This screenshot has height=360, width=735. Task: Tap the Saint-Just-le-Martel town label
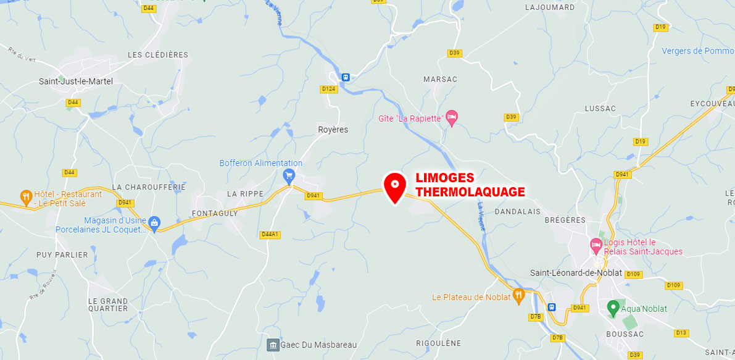(76, 81)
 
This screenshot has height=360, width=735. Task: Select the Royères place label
(333, 130)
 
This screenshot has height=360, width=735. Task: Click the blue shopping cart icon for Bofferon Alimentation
(288, 177)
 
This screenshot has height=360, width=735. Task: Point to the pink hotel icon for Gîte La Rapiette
(452, 117)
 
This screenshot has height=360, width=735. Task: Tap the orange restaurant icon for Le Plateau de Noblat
(519, 296)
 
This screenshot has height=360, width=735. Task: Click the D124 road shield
(328, 89)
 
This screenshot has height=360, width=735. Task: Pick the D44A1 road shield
(270, 234)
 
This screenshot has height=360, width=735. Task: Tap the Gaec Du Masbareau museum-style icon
(272, 345)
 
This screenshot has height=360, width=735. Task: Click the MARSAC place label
(440, 80)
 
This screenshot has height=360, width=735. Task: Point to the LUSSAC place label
(600, 109)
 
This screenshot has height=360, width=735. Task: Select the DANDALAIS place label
(517, 211)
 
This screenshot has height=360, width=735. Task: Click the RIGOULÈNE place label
(438, 343)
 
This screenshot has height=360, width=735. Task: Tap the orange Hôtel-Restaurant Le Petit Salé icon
(26, 198)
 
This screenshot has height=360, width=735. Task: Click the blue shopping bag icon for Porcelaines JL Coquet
(154, 222)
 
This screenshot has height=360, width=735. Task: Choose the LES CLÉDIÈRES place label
(157, 55)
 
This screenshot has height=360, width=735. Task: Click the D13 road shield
(681, 333)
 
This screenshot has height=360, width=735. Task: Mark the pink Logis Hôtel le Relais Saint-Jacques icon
(596, 245)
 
